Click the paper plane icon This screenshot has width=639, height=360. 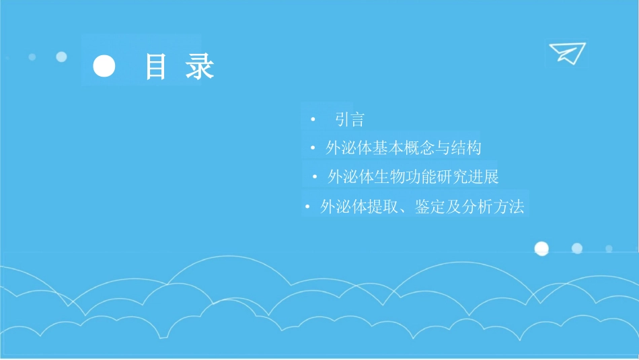tap(566, 53)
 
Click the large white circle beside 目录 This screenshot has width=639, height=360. tap(104, 67)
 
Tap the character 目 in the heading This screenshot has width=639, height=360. tap(156, 68)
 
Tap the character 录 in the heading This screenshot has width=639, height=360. tap(200, 68)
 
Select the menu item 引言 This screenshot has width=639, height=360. tap(350, 120)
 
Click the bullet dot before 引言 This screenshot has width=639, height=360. tap(313, 120)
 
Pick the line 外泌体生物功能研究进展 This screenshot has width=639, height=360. tap(412, 178)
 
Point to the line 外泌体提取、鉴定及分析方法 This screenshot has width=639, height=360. tap(422, 207)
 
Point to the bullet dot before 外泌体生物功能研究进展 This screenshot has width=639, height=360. tap(315, 178)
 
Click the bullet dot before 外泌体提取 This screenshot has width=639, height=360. tap(307, 207)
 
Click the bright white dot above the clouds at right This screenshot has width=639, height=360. tap(541, 249)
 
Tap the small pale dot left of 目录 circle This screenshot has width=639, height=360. tap(61, 57)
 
